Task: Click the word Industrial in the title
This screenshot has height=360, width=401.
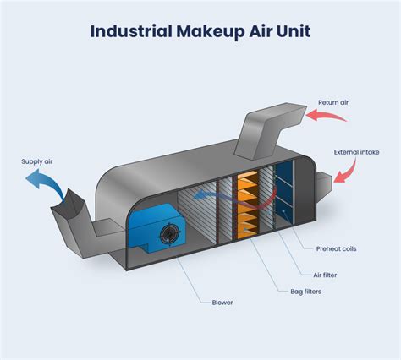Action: (132, 32)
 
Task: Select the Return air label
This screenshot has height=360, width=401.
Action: (333, 103)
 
